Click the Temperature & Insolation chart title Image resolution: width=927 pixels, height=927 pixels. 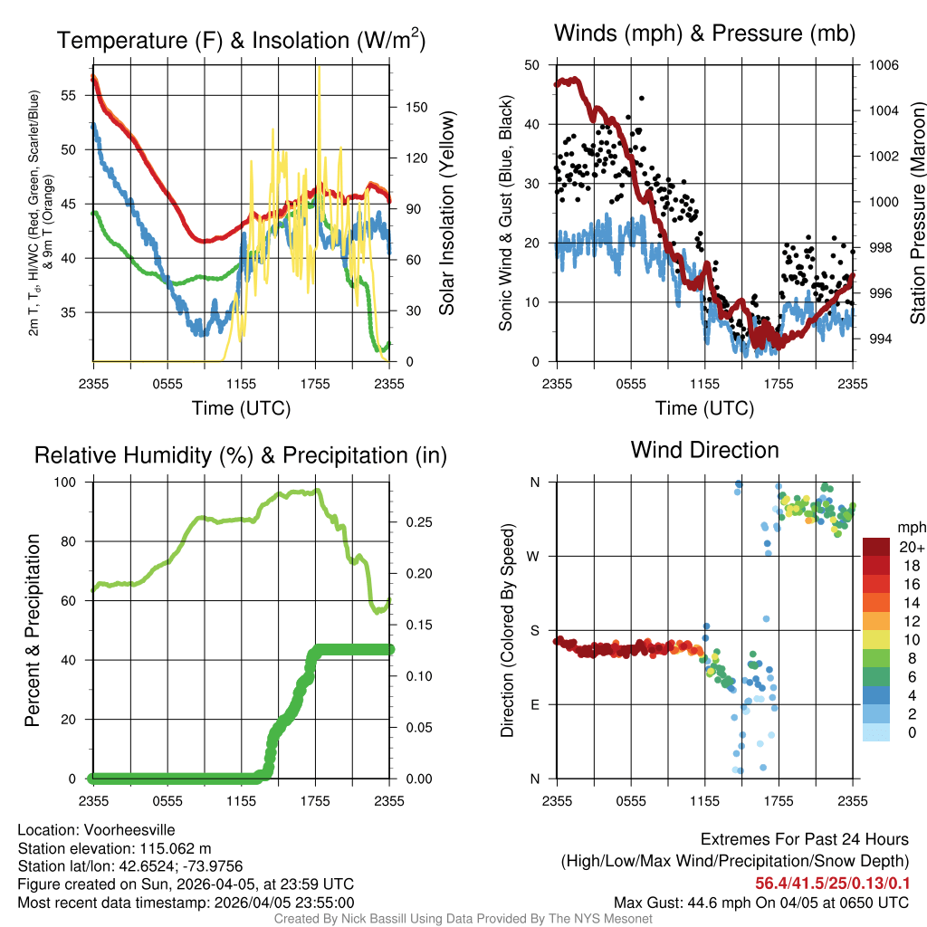241,40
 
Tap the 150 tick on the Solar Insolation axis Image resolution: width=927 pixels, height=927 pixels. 416,107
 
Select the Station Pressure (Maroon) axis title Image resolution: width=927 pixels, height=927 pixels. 917,213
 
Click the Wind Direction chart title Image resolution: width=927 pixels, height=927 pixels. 704,450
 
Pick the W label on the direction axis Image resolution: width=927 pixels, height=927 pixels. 534,556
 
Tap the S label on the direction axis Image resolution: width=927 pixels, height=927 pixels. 534,630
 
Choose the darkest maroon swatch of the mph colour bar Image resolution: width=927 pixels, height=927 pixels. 875,547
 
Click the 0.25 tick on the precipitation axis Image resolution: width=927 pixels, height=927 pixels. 416,522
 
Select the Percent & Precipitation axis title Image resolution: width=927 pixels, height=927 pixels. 32,630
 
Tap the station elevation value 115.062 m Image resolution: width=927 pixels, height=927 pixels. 174,848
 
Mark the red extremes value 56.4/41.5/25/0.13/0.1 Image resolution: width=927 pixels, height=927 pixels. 832,883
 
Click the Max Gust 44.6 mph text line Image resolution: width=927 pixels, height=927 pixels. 760,902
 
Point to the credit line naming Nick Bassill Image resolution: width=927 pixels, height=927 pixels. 463,919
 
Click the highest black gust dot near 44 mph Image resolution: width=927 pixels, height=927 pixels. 642,98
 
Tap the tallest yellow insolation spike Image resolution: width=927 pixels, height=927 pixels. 319,69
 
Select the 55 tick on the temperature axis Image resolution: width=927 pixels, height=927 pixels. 78,95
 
